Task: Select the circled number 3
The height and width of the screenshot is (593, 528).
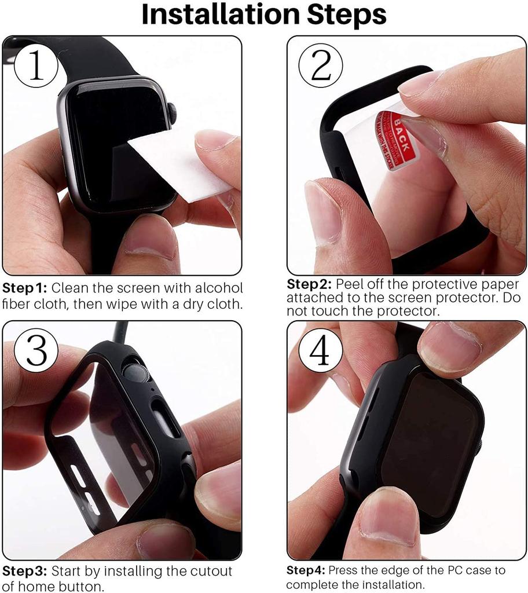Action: click(x=36, y=351)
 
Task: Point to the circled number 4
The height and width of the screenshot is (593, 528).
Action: click(x=320, y=351)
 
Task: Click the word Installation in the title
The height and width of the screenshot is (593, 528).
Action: click(x=222, y=16)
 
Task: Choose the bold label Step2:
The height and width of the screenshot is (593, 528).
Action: click(x=309, y=284)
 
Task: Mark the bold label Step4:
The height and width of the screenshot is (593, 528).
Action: click(x=306, y=570)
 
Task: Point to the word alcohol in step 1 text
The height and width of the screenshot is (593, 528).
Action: click(x=218, y=288)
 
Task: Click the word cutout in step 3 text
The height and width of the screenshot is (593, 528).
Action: click(x=212, y=571)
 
